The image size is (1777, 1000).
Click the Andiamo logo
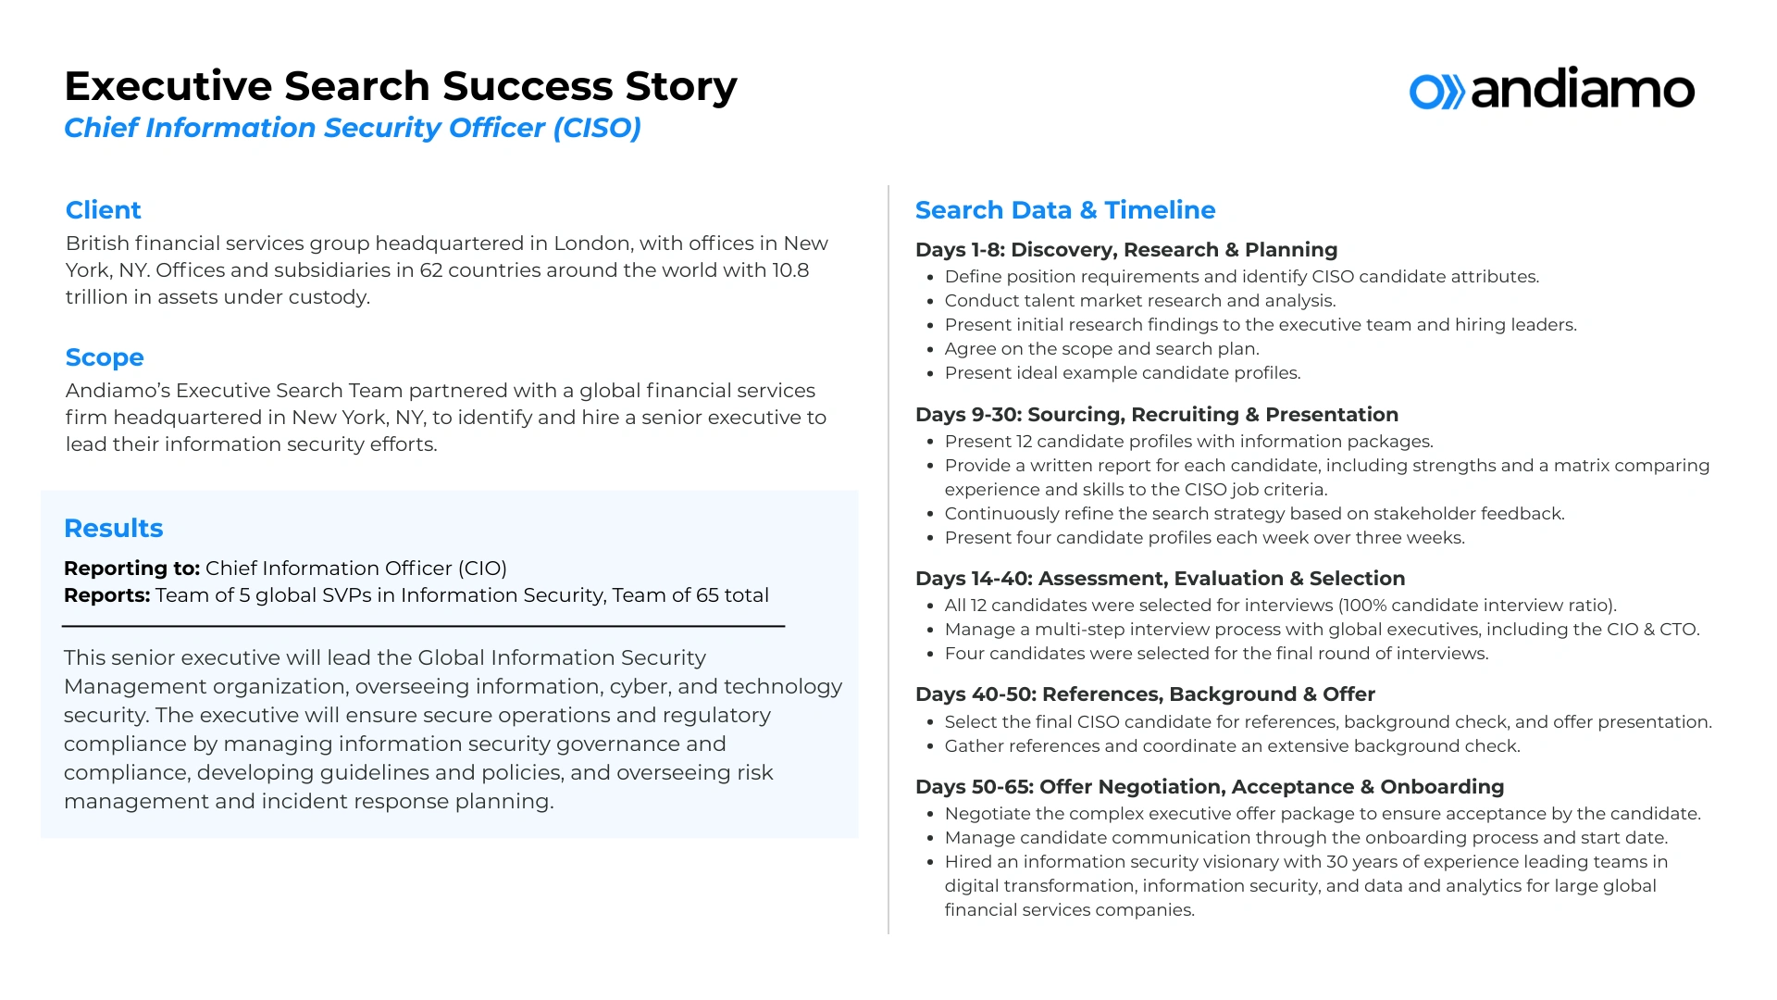pos(1551,90)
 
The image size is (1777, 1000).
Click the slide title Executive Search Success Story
pos(400,86)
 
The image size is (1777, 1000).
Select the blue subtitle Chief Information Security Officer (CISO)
pos(352,128)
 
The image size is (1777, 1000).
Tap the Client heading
pos(103,210)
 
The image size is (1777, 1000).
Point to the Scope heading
pos(105,357)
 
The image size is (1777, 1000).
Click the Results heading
pos(113,528)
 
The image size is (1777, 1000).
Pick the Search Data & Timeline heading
pos(1064,210)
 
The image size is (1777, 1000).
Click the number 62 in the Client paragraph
pos(430,270)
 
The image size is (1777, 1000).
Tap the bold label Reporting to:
pos(131,569)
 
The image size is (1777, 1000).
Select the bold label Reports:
pos(106,595)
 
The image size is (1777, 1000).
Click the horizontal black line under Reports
pos(423,627)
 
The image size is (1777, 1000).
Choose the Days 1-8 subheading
pos(1125,250)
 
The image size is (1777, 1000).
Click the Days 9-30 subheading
pos(1156,415)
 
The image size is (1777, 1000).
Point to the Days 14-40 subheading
pos(1160,579)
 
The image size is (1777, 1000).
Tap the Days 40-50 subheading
pos(1145,694)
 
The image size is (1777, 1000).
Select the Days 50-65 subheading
pos(1209,787)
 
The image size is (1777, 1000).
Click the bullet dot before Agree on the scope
pos(929,350)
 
